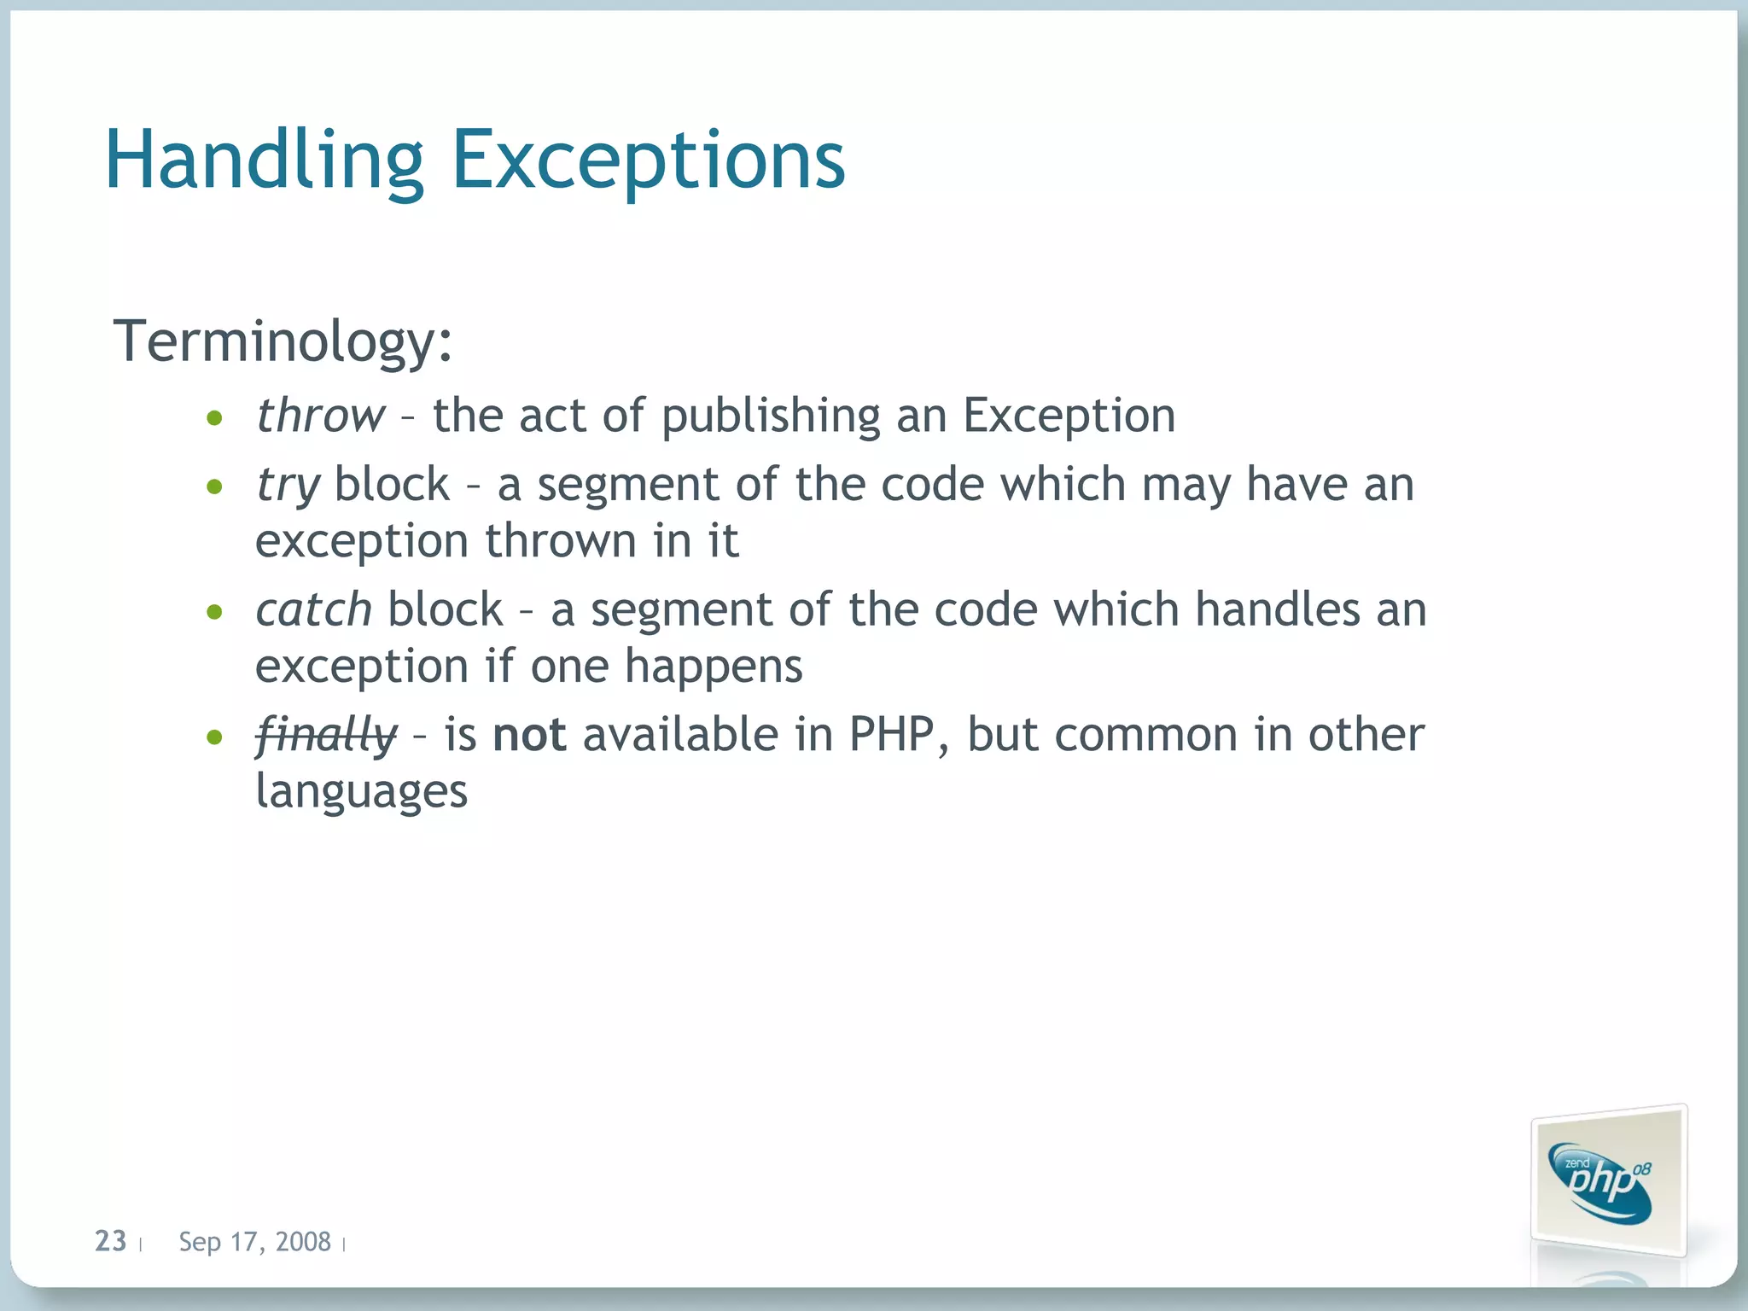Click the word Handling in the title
265,160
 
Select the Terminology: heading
283,341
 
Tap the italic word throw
321,416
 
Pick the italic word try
288,486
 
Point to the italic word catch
313,609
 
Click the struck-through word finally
326,735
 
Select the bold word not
529,735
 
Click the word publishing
770,417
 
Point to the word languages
362,791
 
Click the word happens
714,667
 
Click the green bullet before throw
215,418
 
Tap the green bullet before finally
215,737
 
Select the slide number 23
110,1241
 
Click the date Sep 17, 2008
254,1242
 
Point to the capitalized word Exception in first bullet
1069,416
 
